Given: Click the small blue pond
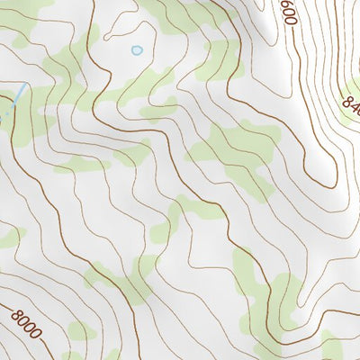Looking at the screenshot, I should tap(137, 50).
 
